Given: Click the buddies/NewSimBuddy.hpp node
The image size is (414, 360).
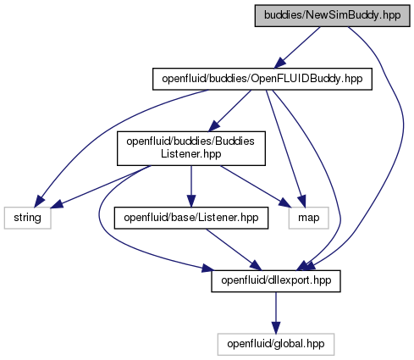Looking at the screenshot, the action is [x=332, y=16].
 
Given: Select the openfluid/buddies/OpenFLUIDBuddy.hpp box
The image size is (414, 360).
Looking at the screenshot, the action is [x=262, y=79].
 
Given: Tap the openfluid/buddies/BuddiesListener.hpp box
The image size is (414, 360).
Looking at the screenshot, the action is [x=191, y=148].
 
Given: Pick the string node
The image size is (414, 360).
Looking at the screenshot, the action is [x=27, y=218].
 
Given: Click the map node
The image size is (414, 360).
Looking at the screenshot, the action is [x=308, y=218].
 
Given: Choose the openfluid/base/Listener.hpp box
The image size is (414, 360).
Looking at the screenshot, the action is [x=191, y=218].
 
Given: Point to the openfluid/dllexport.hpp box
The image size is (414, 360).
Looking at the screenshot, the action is [x=276, y=281].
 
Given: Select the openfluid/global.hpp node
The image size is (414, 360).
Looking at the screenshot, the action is [x=276, y=344].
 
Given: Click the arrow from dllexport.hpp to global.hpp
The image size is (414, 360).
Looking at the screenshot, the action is [x=276, y=313].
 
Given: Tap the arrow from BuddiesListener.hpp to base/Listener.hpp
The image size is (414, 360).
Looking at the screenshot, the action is [x=191, y=186].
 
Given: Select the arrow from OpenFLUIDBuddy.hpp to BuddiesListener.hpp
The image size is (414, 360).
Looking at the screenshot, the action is [x=229, y=111].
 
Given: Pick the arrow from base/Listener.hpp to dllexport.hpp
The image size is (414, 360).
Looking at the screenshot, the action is [x=234, y=249].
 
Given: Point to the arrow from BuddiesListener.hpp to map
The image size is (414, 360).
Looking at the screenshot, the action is [x=256, y=186].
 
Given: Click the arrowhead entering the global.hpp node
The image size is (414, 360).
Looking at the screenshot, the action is [x=276, y=328].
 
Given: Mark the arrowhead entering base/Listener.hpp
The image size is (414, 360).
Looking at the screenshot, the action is [x=191, y=202].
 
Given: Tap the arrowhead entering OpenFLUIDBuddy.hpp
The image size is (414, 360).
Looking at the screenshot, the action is [x=280, y=63].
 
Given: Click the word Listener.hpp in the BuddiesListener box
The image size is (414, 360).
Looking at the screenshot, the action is [x=191, y=154].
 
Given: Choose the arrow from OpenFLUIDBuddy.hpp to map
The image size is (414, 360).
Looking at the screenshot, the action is [x=285, y=148].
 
